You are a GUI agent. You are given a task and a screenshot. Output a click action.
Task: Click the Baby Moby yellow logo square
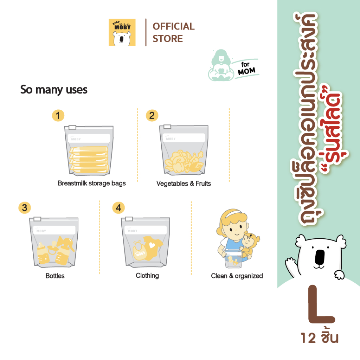pos(122,32)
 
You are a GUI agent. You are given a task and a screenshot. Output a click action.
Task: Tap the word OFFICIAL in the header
pos(174,26)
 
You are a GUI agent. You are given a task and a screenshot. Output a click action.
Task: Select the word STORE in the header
pos(168,39)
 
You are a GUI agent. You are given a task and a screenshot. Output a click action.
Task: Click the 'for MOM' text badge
pos(246,69)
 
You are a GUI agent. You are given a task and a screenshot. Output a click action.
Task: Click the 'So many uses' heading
pos(54,90)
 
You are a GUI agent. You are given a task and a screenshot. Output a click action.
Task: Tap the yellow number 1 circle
pos(58,115)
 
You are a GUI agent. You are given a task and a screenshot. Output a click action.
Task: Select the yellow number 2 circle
pos(152,115)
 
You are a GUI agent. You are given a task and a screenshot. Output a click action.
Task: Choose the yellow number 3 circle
pos(25,208)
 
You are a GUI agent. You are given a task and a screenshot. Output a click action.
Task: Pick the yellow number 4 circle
pos(118,208)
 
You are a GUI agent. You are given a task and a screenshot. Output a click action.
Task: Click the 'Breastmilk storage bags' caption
pos(92,183)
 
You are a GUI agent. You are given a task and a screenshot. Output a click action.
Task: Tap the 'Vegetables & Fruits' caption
pos(184,184)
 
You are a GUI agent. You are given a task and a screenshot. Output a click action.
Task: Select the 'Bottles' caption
pos(55,276)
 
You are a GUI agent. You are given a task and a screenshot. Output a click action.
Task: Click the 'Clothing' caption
pos(147,276)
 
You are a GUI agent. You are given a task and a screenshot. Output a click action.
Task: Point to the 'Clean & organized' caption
pos(237,276)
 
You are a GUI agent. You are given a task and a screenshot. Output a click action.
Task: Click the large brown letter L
pos(321,304)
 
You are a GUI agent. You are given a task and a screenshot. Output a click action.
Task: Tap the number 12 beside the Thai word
pos(308,338)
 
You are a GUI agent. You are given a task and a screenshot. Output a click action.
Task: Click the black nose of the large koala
pos(320,257)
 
